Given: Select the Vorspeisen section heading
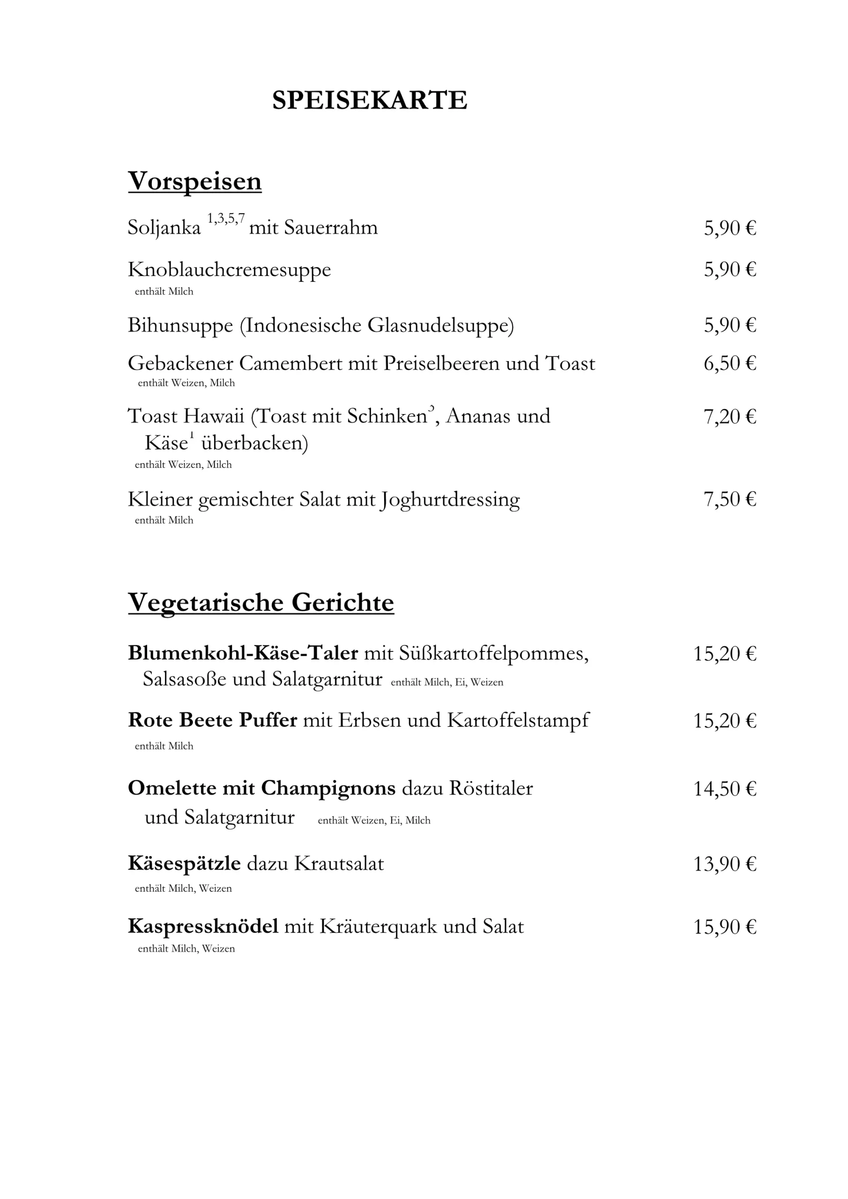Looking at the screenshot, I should pyautogui.click(x=194, y=181).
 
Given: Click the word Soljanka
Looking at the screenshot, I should pyautogui.click(x=164, y=228).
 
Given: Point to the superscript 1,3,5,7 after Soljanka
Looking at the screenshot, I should pyautogui.click(x=226, y=218).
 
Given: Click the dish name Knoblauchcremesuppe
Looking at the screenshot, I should pyautogui.click(x=230, y=270).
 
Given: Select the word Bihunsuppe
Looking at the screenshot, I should pyautogui.click(x=180, y=326).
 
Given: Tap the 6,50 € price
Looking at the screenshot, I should pyautogui.click(x=729, y=363).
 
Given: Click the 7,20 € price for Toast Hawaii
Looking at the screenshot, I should pyautogui.click(x=729, y=416).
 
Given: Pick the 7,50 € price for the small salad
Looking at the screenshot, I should pyautogui.click(x=729, y=499).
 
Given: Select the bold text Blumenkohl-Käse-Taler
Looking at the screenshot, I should pyautogui.click(x=243, y=653).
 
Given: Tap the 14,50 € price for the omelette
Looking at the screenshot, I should pyautogui.click(x=725, y=789).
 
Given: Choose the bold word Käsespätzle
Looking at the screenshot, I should pyautogui.click(x=184, y=864).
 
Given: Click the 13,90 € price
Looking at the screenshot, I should pyautogui.click(x=725, y=864).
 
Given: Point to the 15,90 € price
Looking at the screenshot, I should pyautogui.click(x=725, y=927).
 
